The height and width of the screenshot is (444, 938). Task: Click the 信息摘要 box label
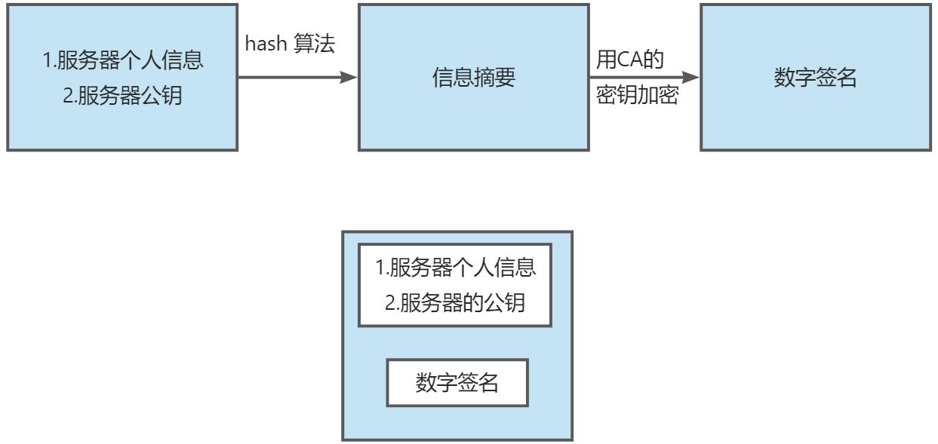coord(474,78)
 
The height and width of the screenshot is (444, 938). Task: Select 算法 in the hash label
coord(319,44)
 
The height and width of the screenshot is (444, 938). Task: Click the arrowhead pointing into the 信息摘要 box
coord(349,77)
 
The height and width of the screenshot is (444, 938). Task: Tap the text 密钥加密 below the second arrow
coord(637,96)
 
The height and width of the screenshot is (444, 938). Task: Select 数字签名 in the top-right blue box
coord(816,78)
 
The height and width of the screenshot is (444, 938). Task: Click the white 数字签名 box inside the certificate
coord(457,383)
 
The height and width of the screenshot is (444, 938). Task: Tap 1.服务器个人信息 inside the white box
coord(456,268)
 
